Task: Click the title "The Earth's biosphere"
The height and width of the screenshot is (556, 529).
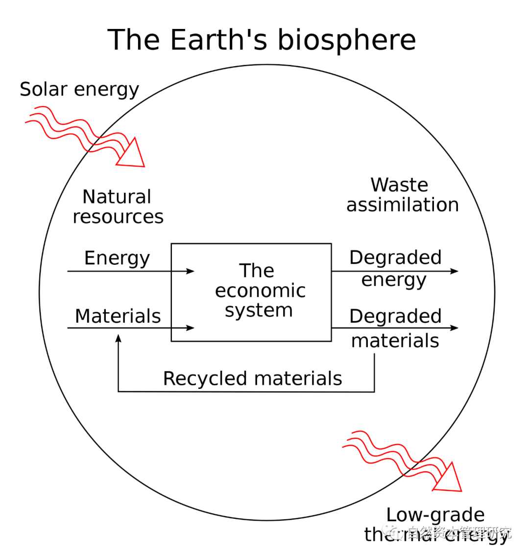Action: coord(262,40)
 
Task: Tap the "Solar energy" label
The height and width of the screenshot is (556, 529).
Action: coord(79,90)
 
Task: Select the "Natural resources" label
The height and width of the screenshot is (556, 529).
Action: coord(118,206)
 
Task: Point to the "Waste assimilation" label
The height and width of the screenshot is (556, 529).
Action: coord(402,195)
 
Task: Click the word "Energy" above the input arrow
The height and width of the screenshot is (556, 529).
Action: coord(117,258)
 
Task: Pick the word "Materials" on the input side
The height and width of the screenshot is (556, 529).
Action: coord(118,316)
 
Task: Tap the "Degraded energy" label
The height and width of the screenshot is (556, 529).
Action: coord(395,268)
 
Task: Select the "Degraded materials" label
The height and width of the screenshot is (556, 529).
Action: coord(395,328)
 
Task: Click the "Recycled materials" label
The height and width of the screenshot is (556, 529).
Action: coord(252,379)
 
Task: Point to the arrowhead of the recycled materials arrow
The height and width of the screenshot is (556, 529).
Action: coord(118,338)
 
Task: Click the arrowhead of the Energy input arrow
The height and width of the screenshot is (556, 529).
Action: coord(191,271)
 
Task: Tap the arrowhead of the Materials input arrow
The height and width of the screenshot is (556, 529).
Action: coord(191,328)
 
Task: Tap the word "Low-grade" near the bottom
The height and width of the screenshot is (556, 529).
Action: coord(435,515)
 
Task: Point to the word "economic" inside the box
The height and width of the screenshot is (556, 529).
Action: coord(260,291)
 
